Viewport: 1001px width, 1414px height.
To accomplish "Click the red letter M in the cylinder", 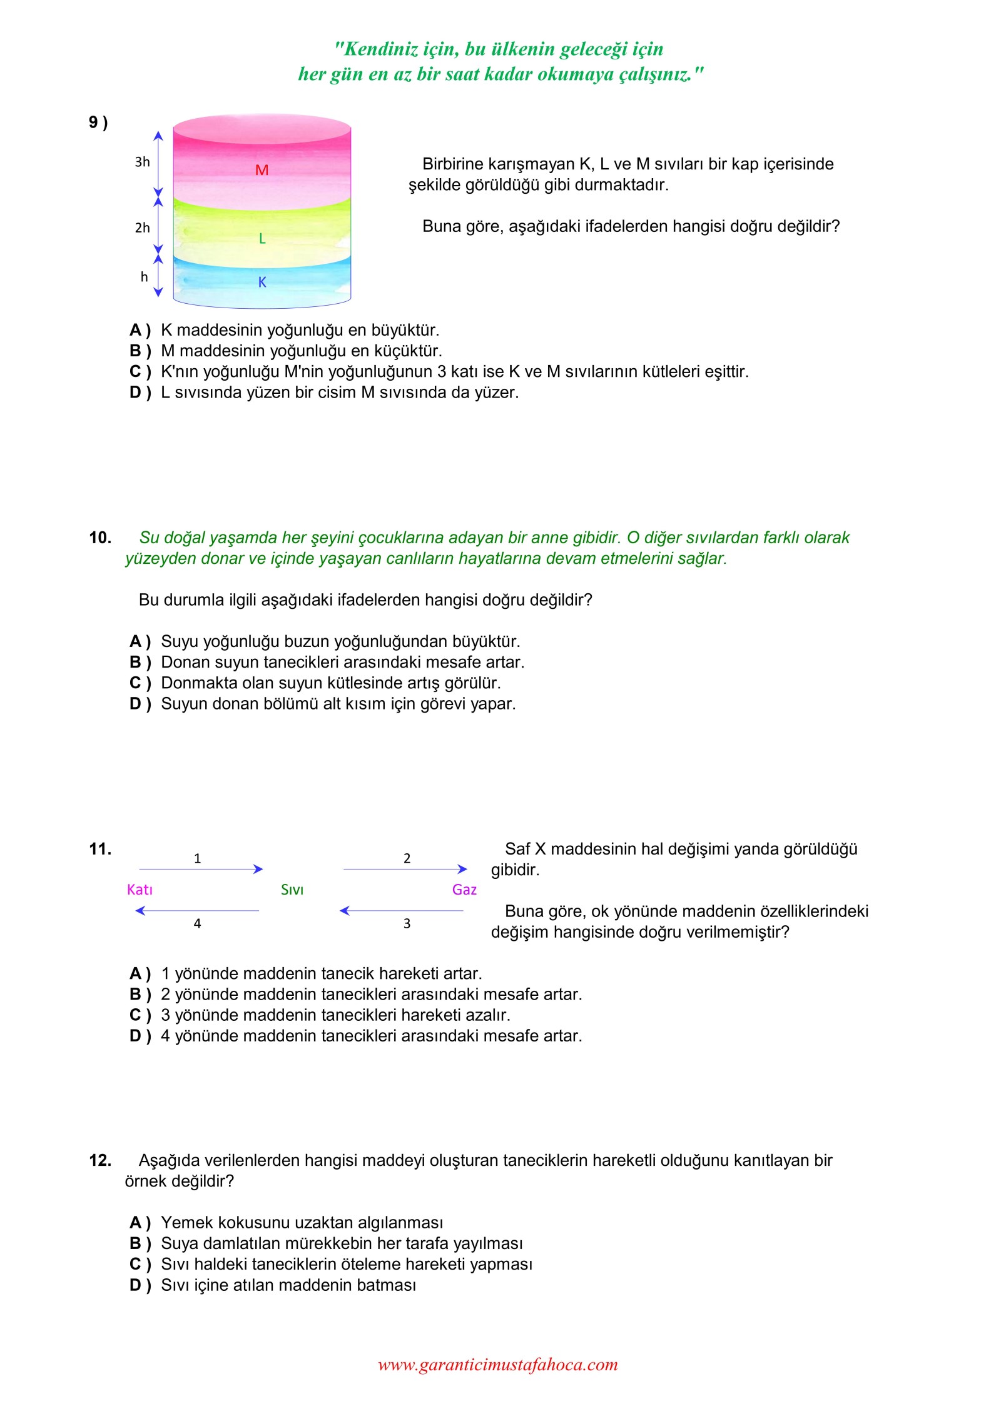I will coord(262,170).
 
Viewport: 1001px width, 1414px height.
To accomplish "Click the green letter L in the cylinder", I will coord(262,238).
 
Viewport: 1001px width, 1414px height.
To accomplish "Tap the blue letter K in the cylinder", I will coord(262,283).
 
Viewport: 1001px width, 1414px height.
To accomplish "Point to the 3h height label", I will coord(143,163).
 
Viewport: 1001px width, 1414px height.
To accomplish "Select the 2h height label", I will coord(143,228).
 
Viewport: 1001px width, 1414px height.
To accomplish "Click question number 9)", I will coord(98,123).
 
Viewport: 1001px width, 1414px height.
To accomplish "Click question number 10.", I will coord(100,538).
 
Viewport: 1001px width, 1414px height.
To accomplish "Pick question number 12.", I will coord(100,1161).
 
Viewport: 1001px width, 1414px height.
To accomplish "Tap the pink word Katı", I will coord(140,890).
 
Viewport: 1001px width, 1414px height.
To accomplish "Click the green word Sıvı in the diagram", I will coord(292,890).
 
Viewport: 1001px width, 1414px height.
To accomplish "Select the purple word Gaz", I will coord(464,890).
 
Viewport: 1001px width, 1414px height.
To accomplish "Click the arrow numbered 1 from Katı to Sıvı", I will coord(200,869).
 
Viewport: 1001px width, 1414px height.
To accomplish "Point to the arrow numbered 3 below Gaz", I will coord(402,911).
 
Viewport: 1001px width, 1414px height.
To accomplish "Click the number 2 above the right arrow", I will coord(407,858).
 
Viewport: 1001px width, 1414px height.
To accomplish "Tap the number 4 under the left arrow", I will coord(197,924).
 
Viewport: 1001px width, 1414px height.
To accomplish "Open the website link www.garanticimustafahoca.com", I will coord(498,1365).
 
